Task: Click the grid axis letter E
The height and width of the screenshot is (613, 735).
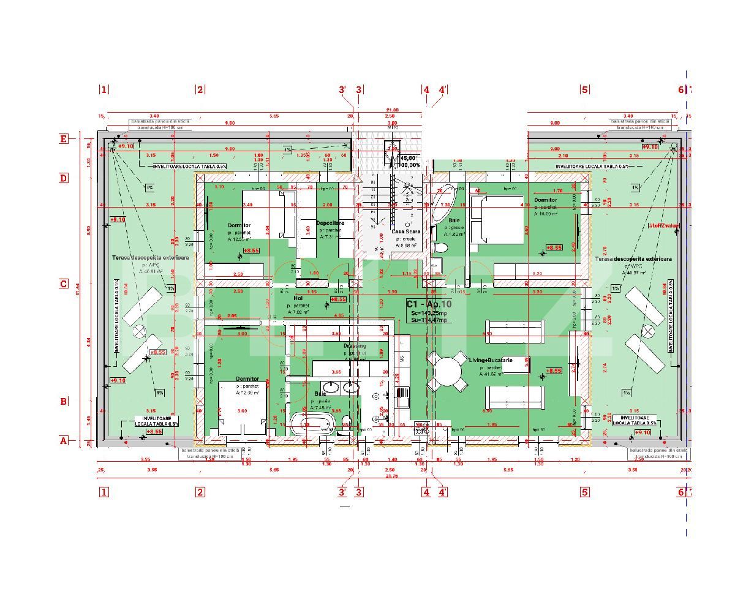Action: click(64, 139)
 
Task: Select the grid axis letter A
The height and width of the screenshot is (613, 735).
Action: click(63, 440)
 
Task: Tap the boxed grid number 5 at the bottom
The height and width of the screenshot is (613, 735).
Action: click(584, 491)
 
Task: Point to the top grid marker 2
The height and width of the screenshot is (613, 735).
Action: click(200, 89)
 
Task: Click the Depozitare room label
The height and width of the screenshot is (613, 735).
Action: click(330, 223)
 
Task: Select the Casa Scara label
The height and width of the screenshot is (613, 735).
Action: click(405, 232)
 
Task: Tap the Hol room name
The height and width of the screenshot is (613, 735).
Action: click(298, 298)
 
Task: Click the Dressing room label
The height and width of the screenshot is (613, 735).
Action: click(355, 345)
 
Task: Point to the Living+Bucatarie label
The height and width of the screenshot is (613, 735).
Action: click(490, 360)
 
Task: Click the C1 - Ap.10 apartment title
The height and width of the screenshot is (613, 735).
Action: click(429, 304)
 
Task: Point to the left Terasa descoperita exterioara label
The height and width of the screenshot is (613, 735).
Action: click(150, 258)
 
